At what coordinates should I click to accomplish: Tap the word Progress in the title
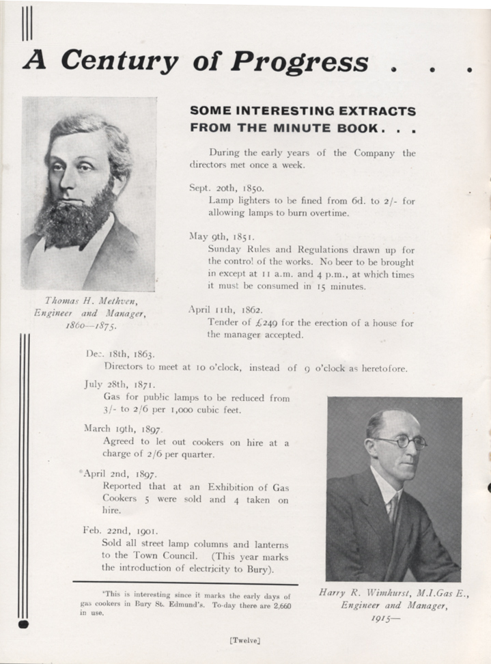(x=300, y=61)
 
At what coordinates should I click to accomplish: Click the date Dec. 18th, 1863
(x=121, y=355)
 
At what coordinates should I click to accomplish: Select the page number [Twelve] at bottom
(x=246, y=641)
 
